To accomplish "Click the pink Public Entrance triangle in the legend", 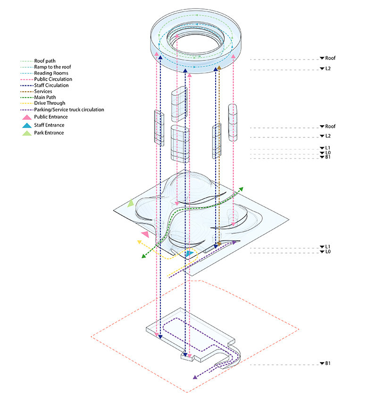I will click(28, 117).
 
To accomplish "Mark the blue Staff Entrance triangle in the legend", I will click(28, 125).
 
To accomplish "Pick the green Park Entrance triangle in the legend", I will click(28, 133).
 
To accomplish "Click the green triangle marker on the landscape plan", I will click(131, 203).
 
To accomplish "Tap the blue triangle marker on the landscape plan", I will click(189, 254).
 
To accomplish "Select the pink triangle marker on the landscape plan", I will click(145, 234).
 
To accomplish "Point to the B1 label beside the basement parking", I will click(327, 364).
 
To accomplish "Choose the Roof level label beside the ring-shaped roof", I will click(330, 58).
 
